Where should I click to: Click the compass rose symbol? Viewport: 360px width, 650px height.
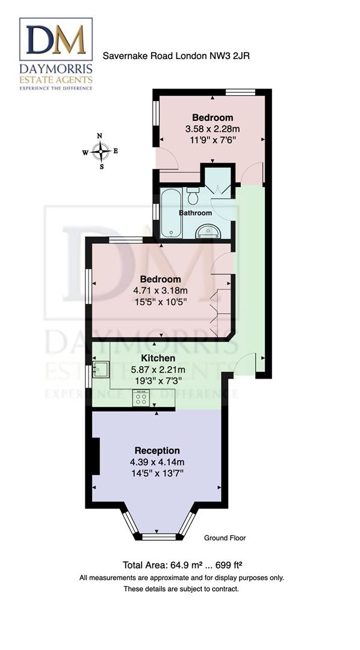tap(101, 150)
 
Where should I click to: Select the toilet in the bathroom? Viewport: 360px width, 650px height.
tap(193, 196)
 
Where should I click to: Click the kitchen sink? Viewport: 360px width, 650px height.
tap(101, 369)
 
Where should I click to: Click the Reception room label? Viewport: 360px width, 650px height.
tap(157, 450)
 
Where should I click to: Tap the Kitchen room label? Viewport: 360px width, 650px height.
tap(158, 358)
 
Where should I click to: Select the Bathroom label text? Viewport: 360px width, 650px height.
tap(195, 213)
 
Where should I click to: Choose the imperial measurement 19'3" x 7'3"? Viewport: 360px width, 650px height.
tap(158, 380)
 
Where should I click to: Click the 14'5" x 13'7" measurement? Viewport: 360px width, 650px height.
tap(157, 473)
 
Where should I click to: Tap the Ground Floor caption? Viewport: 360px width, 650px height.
tap(225, 538)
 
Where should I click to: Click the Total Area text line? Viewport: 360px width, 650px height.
tap(182, 565)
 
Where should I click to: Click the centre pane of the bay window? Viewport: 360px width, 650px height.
tap(158, 536)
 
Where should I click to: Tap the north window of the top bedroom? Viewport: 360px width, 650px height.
tap(240, 92)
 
